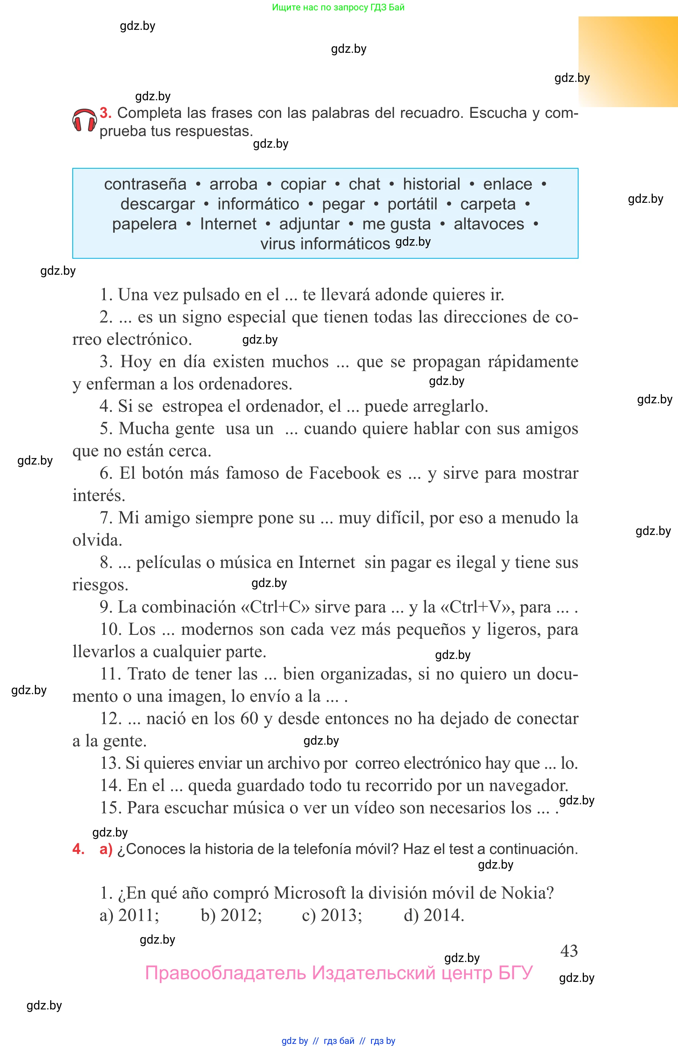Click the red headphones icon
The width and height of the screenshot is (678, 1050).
(x=84, y=121)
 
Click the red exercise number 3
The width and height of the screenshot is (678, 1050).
(x=105, y=113)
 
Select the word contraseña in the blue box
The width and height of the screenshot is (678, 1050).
(x=145, y=184)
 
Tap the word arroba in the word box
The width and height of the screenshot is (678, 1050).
(x=233, y=184)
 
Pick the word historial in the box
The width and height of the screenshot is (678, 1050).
(x=432, y=184)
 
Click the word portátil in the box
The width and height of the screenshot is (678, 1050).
(x=412, y=204)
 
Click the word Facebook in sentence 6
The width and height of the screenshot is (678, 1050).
(x=344, y=473)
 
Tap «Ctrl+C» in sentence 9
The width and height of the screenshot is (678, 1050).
(x=275, y=607)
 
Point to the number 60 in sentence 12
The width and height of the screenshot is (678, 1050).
(x=249, y=718)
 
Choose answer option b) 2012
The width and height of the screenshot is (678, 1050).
(x=231, y=915)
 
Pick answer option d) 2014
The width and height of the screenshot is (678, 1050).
(x=434, y=915)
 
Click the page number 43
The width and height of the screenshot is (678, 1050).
(x=569, y=951)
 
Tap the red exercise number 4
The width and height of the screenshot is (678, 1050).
(x=78, y=849)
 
